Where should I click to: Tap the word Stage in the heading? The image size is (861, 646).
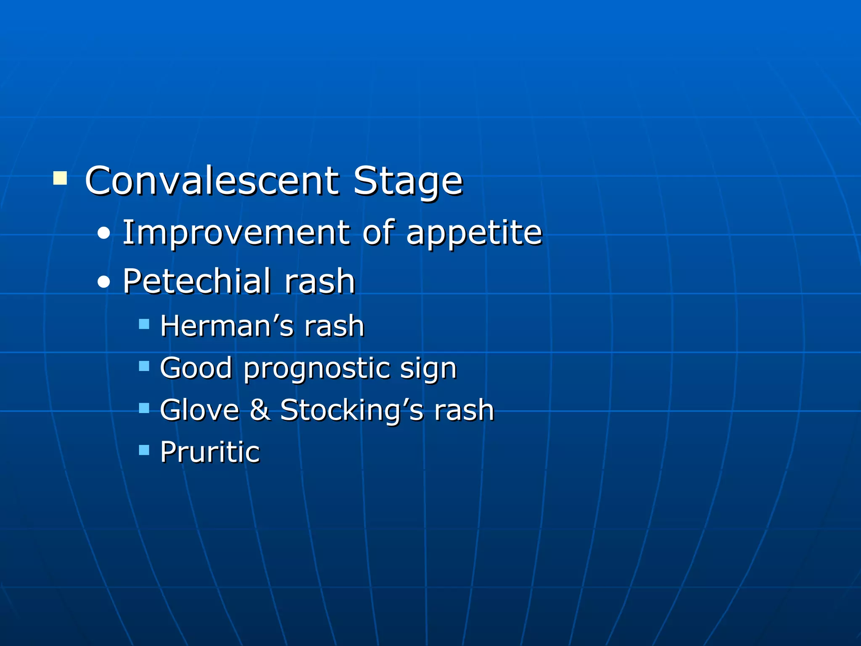407,182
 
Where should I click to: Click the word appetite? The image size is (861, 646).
474,234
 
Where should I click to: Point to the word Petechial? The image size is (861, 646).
197,281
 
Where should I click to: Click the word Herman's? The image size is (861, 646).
227,326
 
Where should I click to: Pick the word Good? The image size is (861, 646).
196,368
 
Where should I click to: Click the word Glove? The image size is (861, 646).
199,410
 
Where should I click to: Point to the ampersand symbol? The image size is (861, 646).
260,410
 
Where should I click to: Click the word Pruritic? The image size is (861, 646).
210,452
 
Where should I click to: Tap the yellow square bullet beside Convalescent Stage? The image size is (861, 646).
60,178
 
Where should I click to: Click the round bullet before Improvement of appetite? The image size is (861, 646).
103,234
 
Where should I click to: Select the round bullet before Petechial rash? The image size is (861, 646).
103,282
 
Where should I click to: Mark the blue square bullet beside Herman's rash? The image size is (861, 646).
144,324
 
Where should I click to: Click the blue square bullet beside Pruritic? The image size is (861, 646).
144,450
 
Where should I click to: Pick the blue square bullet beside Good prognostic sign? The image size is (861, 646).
144,366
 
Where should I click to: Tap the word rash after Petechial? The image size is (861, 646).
320,281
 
